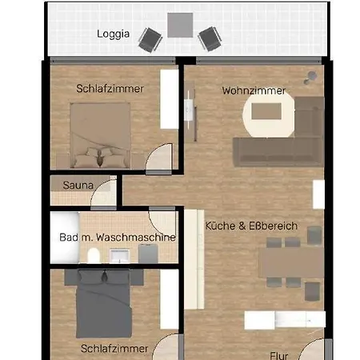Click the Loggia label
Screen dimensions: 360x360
[x=114, y=34]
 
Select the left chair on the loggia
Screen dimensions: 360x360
[x=150, y=38]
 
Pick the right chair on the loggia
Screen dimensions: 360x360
[x=208, y=38]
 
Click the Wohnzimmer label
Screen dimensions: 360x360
[x=253, y=90]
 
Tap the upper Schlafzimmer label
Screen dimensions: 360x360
[x=110, y=89]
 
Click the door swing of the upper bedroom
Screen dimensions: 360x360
[x=158, y=157]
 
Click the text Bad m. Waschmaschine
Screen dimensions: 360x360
[x=117, y=238]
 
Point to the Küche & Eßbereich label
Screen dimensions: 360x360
[x=251, y=226]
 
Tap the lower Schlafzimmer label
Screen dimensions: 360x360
[x=114, y=348]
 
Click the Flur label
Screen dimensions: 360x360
[x=279, y=349]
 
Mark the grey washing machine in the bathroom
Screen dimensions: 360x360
[x=147, y=254]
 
